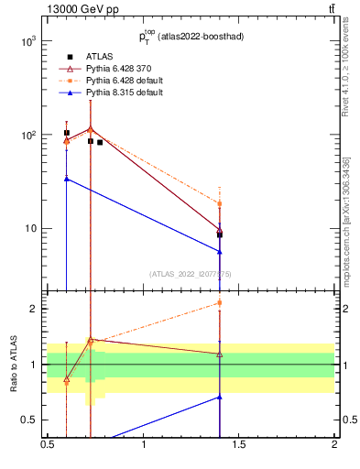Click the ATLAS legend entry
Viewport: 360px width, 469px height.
100,57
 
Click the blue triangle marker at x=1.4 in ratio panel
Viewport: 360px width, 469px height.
220,397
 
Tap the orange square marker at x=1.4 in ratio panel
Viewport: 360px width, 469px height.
220,302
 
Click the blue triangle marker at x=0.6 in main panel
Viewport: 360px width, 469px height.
67,179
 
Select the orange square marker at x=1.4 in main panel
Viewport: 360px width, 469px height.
220,203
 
